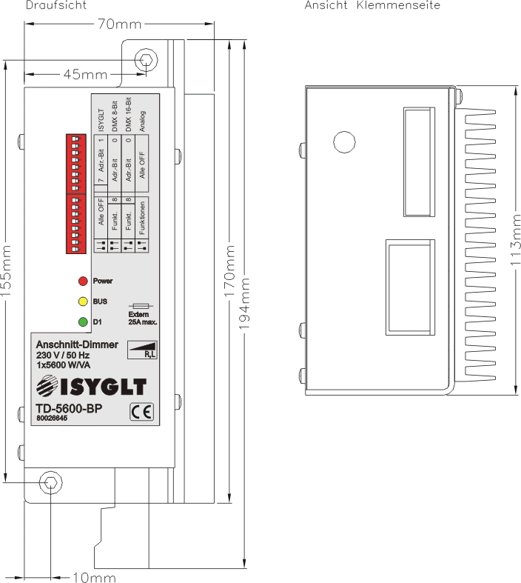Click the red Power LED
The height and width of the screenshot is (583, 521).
click(x=83, y=281)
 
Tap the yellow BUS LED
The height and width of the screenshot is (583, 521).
click(x=83, y=302)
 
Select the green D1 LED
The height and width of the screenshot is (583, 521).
click(x=83, y=322)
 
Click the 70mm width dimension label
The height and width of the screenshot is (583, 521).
click(x=119, y=25)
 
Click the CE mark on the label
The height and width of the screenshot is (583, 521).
click(x=139, y=411)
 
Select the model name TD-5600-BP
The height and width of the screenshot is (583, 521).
click(x=68, y=409)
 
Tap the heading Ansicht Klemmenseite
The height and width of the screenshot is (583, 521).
click(x=373, y=5)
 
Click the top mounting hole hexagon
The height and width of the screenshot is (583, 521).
click(x=147, y=59)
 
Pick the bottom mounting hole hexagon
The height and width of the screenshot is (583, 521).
click(x=50, y=482)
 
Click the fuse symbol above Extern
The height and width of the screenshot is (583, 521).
click(x=141, y=305)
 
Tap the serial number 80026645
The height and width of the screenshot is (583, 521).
click(x=51, y=419)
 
